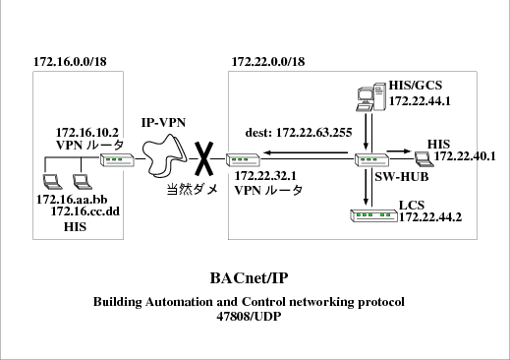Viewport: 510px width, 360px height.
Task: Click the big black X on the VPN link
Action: pyautogui.click(x=204, y=158)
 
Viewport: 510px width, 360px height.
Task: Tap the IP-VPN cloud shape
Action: pyautogui.click(x=164, y=155)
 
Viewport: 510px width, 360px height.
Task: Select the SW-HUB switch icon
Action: pyautogui.click(x=372, y=160)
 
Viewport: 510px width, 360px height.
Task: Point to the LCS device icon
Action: pyautogui.click(x=373, y=215)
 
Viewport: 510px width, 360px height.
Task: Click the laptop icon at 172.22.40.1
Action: pyautogui.click(x=424, y=159)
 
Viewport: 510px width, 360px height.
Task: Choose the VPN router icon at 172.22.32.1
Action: pyautogui.click(x=243, y=160)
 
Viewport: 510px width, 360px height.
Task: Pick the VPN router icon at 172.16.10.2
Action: pyautogui.click(x=117, y=160)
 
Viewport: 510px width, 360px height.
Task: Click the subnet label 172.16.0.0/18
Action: pyautogui.click(x=70, y=62)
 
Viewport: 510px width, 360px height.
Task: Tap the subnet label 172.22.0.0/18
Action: pyautogui.click(x=268, y=62)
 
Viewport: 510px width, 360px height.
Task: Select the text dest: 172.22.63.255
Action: pyautogui.click(x=299, y=133)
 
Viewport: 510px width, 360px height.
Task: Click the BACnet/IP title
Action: pyautogui.click(x=250, y=278)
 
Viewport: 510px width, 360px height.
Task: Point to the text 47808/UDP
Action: pyautogui.click(x=249, y=317)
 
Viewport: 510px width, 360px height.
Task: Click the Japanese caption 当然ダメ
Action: pyautogui.click(x=193, y=189)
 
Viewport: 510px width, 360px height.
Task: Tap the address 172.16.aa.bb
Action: pyautogui.click(x=72, y=200)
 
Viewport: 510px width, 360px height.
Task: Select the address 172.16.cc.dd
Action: pyautogui.click(x=85, y=211)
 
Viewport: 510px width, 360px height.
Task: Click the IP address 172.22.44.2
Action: pyautogui.click(x=430, y=217)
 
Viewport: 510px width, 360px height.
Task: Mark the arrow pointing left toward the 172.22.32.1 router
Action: pyautogui.click(x=306, y=152)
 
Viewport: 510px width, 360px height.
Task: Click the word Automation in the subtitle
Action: pyautogui.click(x=180, y=302)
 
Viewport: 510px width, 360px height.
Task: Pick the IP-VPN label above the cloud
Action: pyautogui.click(x=163, y=123)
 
